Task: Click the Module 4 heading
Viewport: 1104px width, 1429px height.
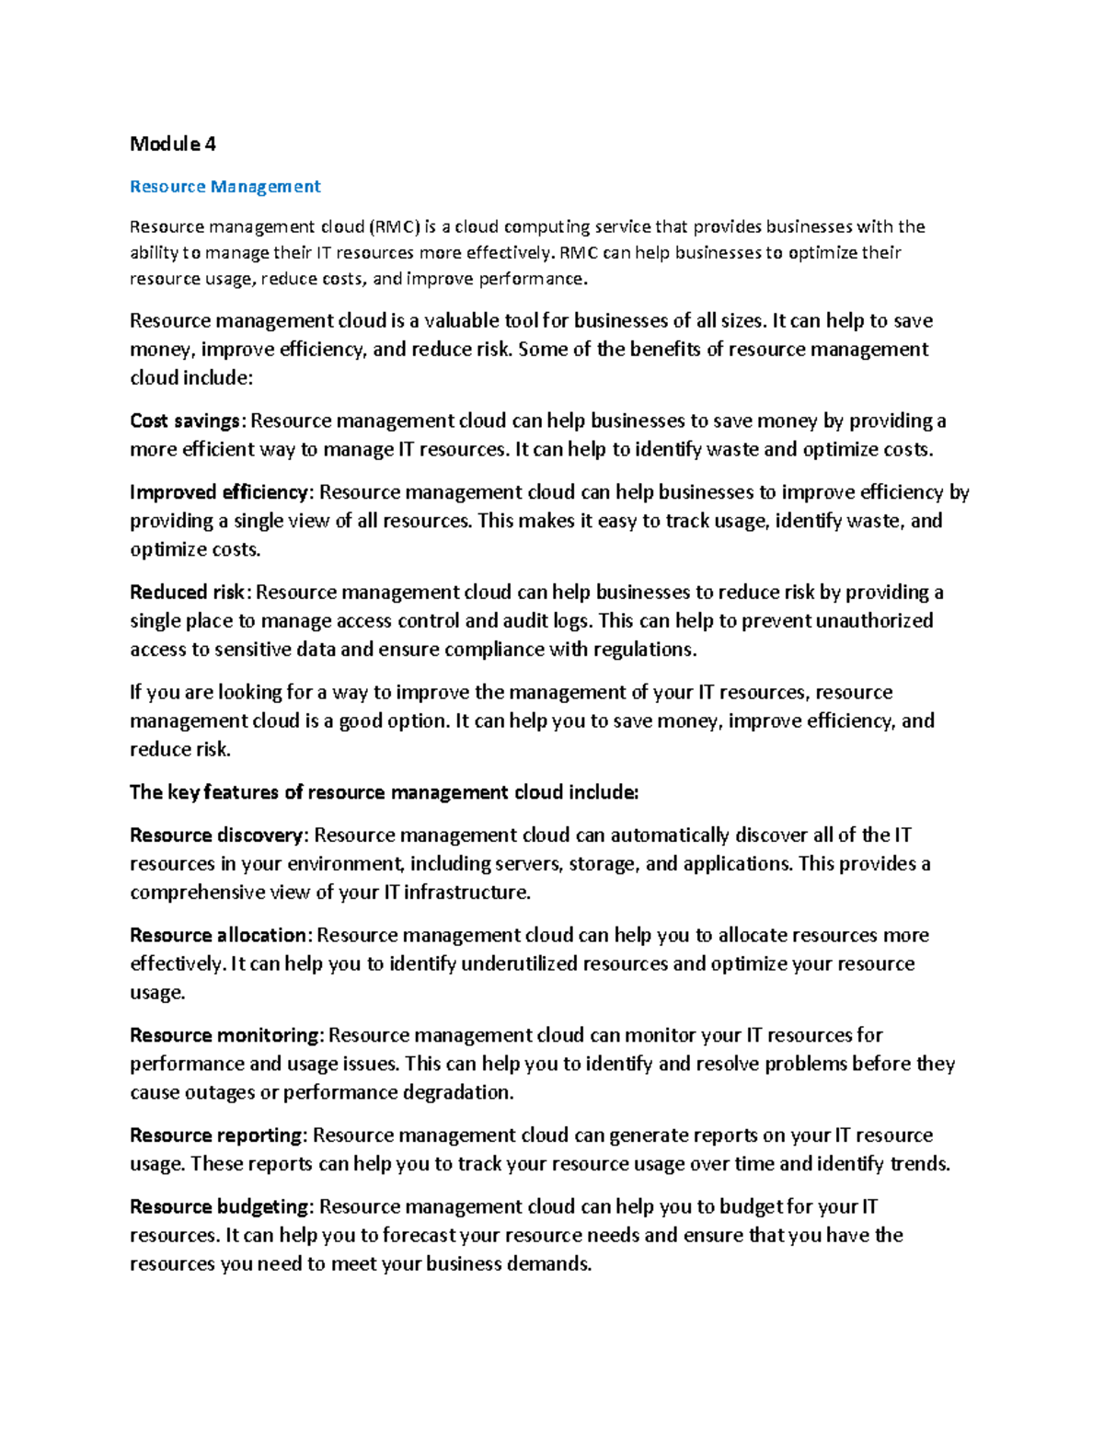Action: tap(173, 144)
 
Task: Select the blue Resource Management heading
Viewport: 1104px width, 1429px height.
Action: tap(224, 187)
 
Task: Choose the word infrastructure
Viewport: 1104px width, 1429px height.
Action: tap(467, 893)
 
